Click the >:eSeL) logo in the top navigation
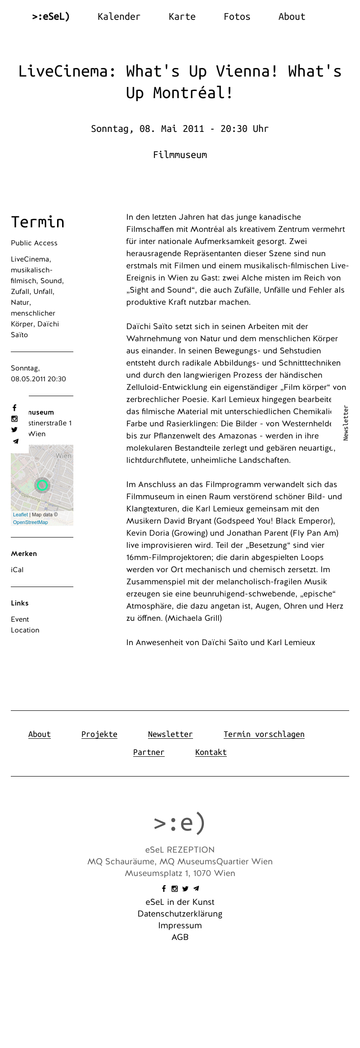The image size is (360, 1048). (x=51, y=17)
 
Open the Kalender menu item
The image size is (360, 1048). (x=119, y=17)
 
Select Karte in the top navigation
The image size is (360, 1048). (x=182, y=17)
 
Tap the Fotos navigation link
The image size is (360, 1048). (x=237, y=17)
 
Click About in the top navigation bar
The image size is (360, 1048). (x=292, y=17)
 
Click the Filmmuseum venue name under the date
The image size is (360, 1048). (x=180, y=155)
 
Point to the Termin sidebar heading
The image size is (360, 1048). (x=38, y=222)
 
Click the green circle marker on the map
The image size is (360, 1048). (x=42, y=485)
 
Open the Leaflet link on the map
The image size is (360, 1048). (x=20, y=515)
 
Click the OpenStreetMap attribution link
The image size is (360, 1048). (x=30, y=522)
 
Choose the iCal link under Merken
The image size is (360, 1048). (x=17, y=570)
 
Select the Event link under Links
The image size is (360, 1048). (x=20, y=619)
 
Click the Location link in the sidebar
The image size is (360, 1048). (x=25, y=630)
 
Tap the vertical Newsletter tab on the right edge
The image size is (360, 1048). (x=346, y=423)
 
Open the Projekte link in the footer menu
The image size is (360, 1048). (x=99, y=734)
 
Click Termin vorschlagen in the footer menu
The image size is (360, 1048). (x=264, y=734)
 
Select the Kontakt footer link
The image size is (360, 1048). (x=211, y=752)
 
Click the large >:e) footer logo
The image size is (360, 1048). (x=180, y=822)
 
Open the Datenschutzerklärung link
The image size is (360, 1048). (x=180, y=914)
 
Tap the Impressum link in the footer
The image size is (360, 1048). (x=180, y=926)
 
